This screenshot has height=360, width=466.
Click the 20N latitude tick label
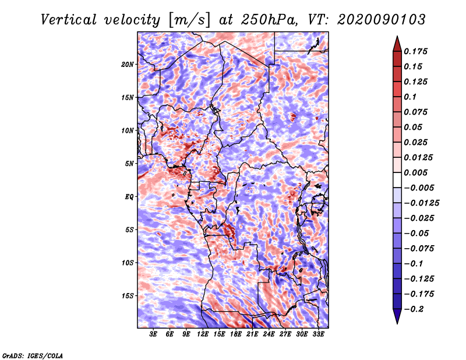tap(127, 65)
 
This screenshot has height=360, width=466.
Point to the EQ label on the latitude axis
tap(129, 197)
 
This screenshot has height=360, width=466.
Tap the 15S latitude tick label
tap(127, 296)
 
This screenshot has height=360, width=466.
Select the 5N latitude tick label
tap(129, 164)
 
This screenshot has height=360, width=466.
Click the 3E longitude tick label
tap(153, 334)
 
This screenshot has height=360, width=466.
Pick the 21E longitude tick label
tap(252, 334)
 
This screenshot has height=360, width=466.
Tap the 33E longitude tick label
tap(318, 334)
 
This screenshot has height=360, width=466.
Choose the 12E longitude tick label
tap(202, 334)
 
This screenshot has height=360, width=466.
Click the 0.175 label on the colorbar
tap(415, 51)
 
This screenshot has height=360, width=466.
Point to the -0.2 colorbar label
tap(414, 309)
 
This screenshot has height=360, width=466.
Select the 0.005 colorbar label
tap(415, 172)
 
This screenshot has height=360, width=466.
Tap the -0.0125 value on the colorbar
tap(421, 203)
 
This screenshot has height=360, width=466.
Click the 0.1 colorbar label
tap(410, 97)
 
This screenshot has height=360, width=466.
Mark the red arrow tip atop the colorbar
tap(397, 36)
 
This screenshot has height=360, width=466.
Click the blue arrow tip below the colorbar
tap(397, 323)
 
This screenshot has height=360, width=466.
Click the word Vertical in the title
tap(69, 20)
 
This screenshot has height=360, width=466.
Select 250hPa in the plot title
tap(269, 20)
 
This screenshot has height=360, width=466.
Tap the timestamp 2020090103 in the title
tap(382, 20)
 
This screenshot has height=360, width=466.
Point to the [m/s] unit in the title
tap(189, 20)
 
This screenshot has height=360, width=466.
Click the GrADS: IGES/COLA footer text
tap(33, 356)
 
